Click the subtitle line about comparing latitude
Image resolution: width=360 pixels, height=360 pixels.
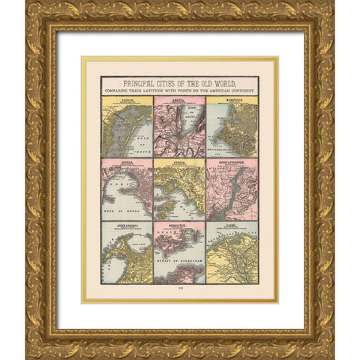180,89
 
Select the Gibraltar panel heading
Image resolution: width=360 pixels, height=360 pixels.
179,224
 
